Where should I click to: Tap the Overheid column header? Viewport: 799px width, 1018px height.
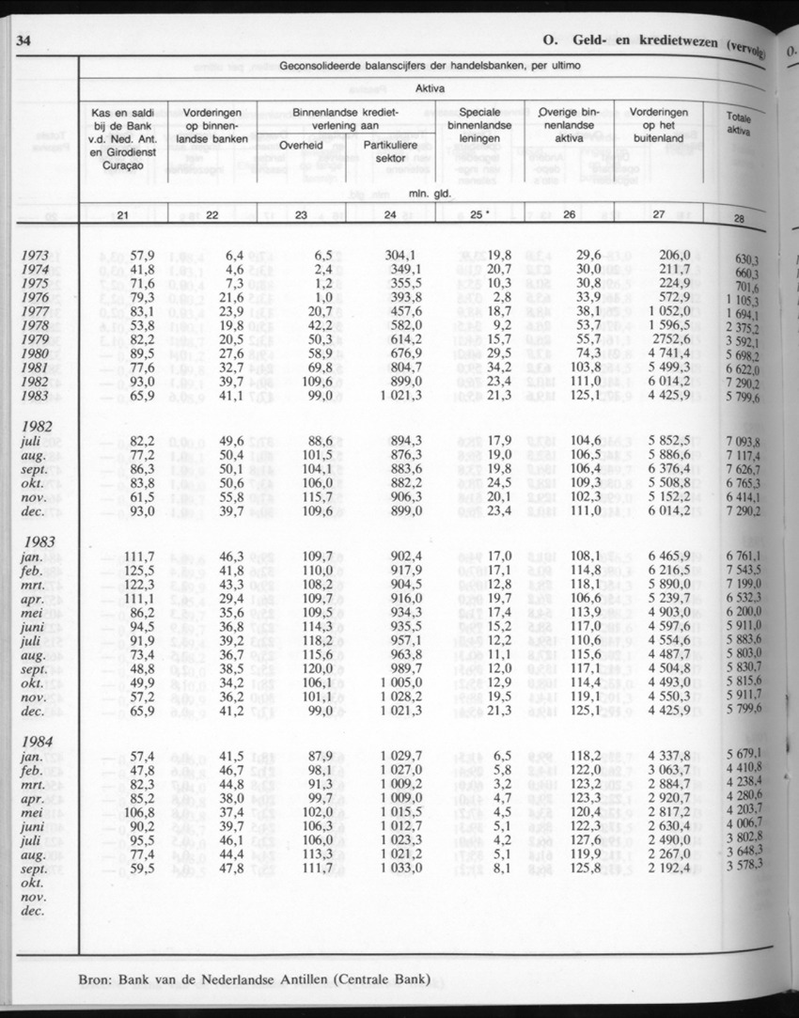click(x=301, y=145)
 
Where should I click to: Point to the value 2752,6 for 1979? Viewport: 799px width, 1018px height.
click(x=669, y=338)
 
